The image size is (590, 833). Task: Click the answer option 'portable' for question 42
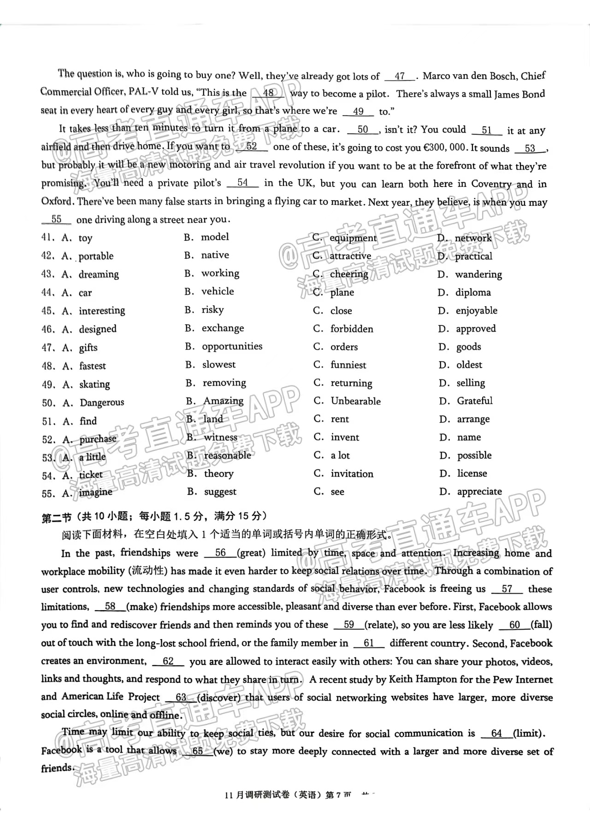click(96, 256)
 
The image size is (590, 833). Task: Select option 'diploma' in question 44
click(473, 292)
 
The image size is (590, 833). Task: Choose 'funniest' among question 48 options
click(348, 365)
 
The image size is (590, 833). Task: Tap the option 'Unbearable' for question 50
click(355, 401)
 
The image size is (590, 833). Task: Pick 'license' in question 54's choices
click(472, 473)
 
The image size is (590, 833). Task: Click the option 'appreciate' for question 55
click(479, 492)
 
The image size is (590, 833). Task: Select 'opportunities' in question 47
click(232, 347)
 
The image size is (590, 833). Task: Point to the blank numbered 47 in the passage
click(400, 76)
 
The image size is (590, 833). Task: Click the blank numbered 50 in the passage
click(363, 130)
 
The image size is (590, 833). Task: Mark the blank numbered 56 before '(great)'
click(220, 553)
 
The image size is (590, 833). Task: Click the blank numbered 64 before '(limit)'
click(496, 734)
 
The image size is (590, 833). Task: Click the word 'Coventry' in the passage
click(491, 184)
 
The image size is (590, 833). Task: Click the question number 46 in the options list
click(47, 329)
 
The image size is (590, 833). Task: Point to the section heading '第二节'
click(56, 518)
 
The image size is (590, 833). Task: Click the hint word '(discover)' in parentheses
click(219, 698)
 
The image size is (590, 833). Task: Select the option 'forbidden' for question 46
click(351, 329)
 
